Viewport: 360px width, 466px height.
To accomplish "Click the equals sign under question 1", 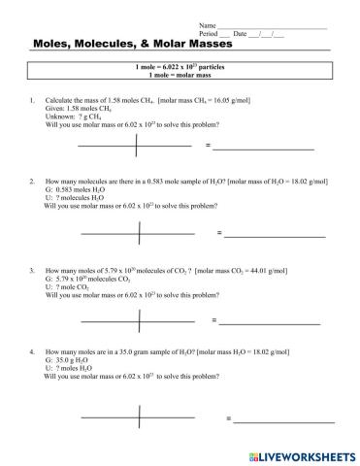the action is point(208,146).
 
